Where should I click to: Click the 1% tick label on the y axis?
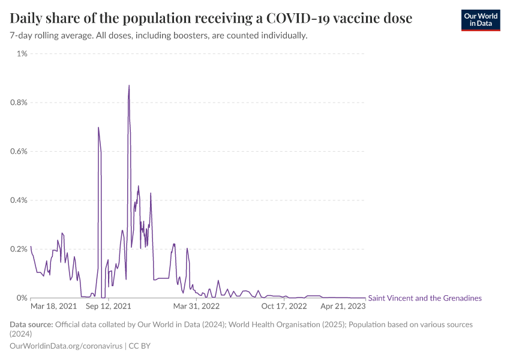(x=22, y=54)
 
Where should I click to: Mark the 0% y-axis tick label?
(x=22, y=298)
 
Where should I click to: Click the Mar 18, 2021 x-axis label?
(x=53, y=306)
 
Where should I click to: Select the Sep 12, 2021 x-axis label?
(x=109, y=306)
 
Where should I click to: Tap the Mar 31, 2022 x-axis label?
(x=197, y=306)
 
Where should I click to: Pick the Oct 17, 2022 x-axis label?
(x=284, y=306)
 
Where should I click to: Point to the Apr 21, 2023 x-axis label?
(x=343, y=306)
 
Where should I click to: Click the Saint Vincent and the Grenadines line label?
(x=424, y=298)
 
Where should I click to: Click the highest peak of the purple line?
(x=129, y=85)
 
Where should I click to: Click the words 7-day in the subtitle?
(x=22, y=35)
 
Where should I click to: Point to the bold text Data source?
(x=31, y=325)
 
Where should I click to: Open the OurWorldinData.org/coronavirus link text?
(x=66, y=346)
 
